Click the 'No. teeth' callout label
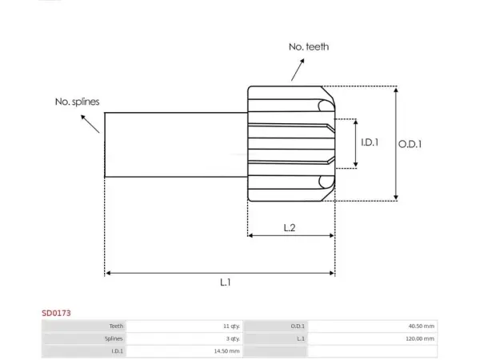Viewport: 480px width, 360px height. click(x=309, y=47)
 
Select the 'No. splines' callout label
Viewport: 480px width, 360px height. click(x=77, y=102)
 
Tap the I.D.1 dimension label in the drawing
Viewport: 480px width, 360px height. click(x=370, y=142)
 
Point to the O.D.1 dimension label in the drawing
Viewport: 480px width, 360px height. click(x=410, y=144)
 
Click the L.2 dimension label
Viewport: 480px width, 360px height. click(x=290, y=228)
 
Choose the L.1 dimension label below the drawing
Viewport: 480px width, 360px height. click(x=226, y=282)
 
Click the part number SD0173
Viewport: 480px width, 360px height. click(x=56, y=313)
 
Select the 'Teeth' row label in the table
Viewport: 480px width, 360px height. click(x=116, y=326)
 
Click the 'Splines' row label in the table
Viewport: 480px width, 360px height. click(x=114, y=339)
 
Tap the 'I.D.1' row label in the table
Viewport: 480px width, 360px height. click(x=117, y=351)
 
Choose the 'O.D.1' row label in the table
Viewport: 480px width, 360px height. click(x=298, y=326)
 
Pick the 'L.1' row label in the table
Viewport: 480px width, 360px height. click(x=301, y=339)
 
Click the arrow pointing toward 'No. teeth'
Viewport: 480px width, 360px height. click(x=298, y=70)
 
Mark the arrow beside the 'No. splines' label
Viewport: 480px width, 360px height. click(x=90, y=124)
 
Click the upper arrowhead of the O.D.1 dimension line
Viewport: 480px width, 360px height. click(x=396, y=90)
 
